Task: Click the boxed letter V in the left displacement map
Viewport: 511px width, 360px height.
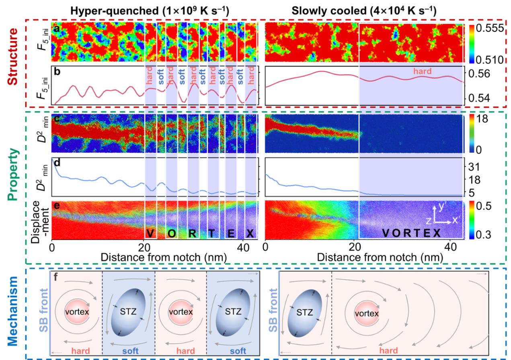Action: coord(150,233)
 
